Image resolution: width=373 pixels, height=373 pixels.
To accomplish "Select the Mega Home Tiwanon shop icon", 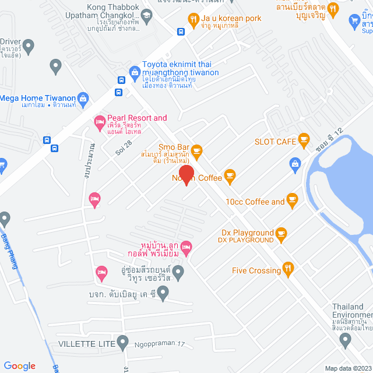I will coord(82,98).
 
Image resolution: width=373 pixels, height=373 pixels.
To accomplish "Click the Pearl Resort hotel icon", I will coord(98,122).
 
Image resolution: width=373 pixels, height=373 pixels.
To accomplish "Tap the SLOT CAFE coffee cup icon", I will coord(303,139).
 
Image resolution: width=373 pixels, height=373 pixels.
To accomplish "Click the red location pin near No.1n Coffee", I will coord(186,175).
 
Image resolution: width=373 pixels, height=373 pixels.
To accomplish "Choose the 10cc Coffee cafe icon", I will coord(293,201).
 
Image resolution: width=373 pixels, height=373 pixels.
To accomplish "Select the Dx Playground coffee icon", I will coord(281,234).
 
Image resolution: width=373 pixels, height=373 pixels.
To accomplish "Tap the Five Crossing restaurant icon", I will coord(287,268).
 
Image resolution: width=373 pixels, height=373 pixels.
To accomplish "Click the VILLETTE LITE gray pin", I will coord(122,342).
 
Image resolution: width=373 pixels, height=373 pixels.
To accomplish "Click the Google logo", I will coord(19,365).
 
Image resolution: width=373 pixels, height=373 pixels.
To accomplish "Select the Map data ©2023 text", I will coord(347,368).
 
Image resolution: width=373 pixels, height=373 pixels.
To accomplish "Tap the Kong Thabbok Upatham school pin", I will coord(146,14).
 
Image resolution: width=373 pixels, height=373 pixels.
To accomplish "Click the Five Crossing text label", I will coord(256,270).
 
